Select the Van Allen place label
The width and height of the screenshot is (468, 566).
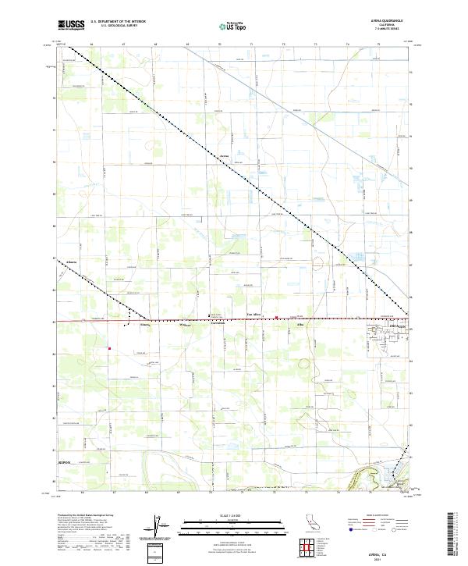coord(254,315)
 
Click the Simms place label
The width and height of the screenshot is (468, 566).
coord(144,325)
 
